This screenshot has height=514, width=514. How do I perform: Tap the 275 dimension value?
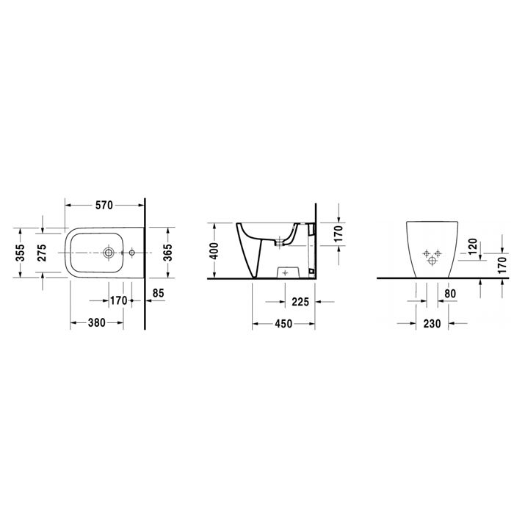(x=42, y=252)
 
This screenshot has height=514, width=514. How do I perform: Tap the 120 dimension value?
(x=473, y=245)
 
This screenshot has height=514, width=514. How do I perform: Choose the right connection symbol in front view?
(x=438, y=253)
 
